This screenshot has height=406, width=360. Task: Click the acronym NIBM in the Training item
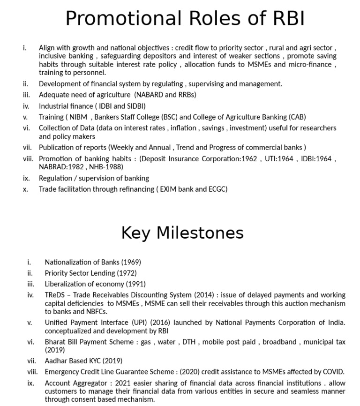[78, 117]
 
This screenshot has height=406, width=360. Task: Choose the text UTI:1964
[280, 159]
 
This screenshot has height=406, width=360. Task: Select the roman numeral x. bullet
[25, 189]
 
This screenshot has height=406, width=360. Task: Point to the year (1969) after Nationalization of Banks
[131, 262]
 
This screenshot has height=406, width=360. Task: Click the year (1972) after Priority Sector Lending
[127, 273]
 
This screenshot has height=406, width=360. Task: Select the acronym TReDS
[55, 295]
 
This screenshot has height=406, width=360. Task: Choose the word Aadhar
[55, 361]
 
